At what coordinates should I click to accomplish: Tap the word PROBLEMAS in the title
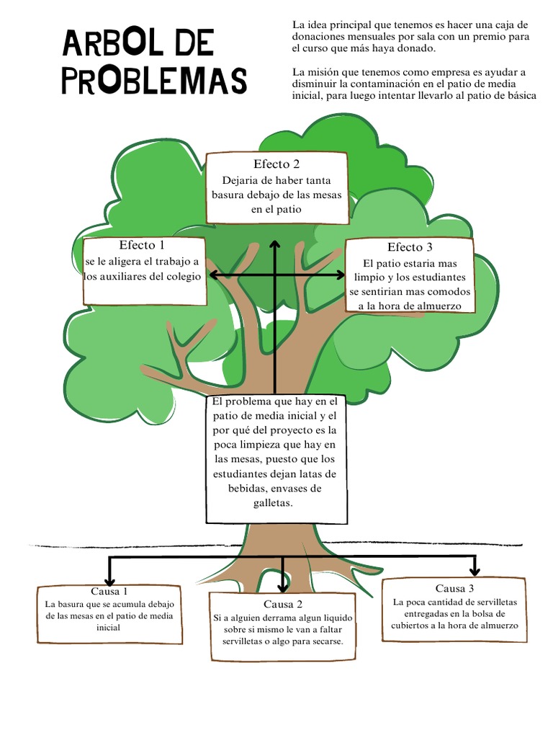pyautogui.click(x=154, y=81)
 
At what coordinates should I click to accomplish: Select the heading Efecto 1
pyautogui.click(x=147, y=244)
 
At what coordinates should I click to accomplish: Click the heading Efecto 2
pyautogui.click(x=276, y=164)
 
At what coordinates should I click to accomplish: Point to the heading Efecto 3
pyautogui.click(x=410, y=247)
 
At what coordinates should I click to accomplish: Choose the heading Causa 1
pyautogui.click(x=109, y=591)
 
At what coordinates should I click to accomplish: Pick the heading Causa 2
pyautogui.click(x=283, y=604)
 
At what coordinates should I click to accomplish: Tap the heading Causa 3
pyautogui.click(x=454, y=588)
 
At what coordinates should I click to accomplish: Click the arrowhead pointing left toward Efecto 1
pyautogui.click(x=211, y=275)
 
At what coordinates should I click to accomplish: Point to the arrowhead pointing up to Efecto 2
pyautogui.click(x=275, y=245)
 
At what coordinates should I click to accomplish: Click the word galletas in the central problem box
pyautogui.click(x=273, y=503)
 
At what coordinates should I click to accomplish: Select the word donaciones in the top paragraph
pyautogui.click(x=317, y=37)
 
